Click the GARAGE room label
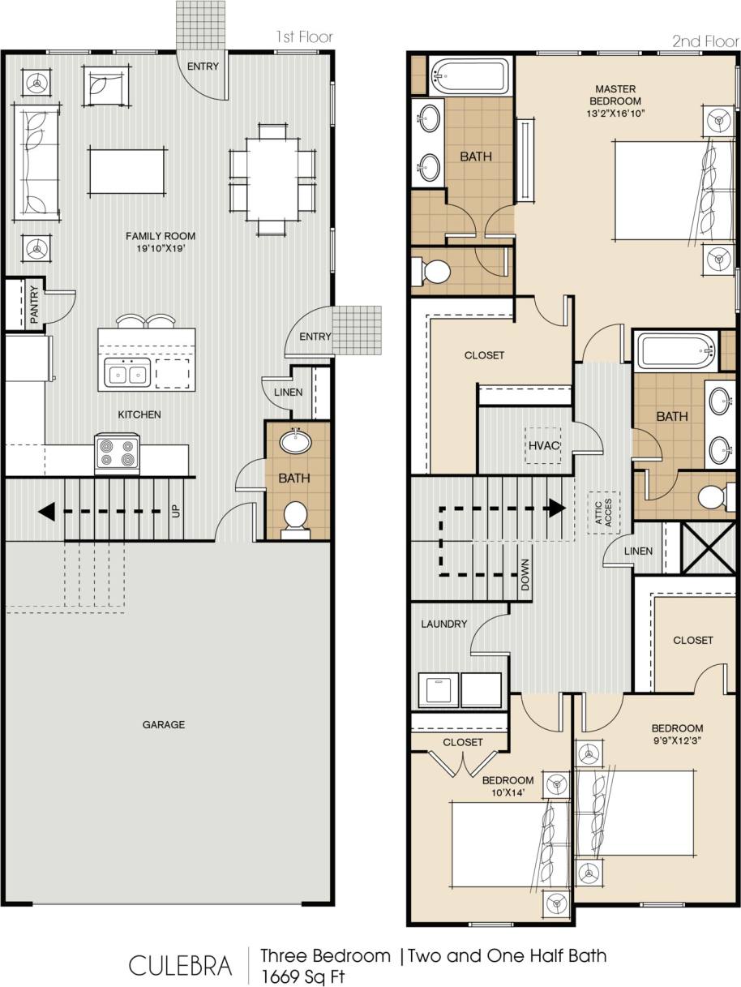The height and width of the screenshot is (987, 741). [164, 724]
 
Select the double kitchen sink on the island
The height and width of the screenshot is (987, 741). [128, 375]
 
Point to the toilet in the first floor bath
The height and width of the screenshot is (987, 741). [295, 517]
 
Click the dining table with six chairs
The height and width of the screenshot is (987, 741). [272, 178]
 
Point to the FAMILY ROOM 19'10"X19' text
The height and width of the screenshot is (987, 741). [160, 242]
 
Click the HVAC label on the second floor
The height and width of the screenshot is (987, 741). [541, 445]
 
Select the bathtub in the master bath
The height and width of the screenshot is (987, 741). [469, 77]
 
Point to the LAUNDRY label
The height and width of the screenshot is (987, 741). [443, 624]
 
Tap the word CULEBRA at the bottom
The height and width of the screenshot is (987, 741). [180, 965]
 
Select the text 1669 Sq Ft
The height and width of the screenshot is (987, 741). [302, 976]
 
